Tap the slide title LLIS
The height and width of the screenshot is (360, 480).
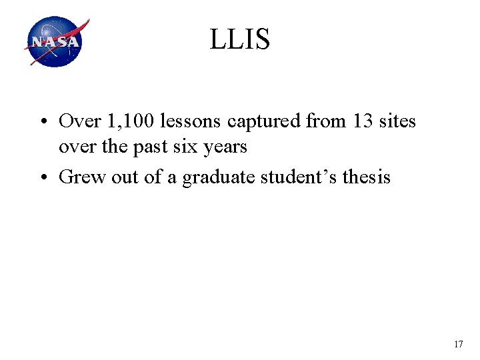click(240, 40)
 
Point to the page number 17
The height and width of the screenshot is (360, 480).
click(458, 344)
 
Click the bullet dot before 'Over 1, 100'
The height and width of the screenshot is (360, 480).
click(43, 122)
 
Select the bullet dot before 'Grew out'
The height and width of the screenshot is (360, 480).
click(43, 178)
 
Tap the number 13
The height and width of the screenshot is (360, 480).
click(355, 121)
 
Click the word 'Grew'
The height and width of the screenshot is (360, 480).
click(79, 177)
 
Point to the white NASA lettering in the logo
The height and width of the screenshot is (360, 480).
click(54, 43)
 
